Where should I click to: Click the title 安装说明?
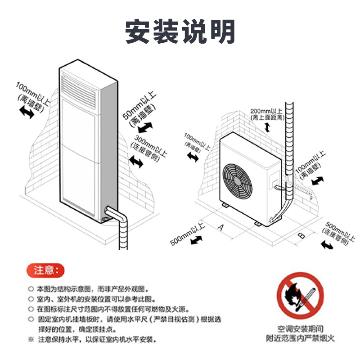point(180,31)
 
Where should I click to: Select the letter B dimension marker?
point(302,234)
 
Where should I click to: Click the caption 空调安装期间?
point(300,329)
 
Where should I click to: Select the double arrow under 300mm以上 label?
point(136,161)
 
